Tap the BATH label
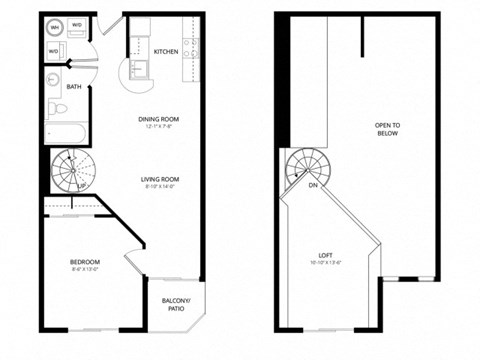coord(74,86)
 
